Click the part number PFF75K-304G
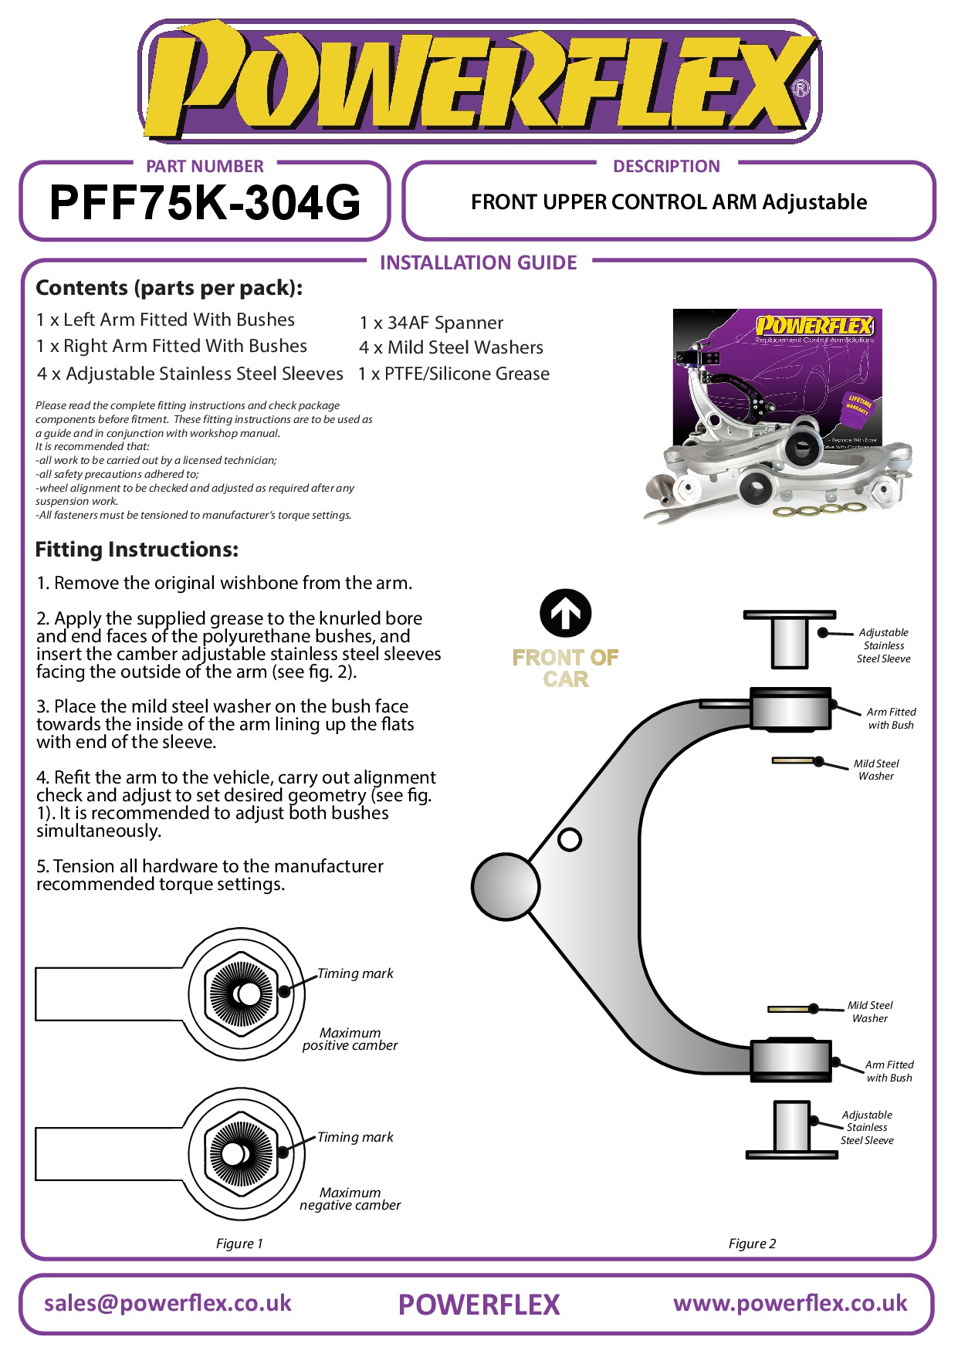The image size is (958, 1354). point(205,202)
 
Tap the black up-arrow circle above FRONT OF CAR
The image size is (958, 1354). point(565,614)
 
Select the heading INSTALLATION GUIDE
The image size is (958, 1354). point(478,263)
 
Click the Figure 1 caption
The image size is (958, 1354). point(239,1244)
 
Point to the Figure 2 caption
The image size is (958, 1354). point(752,1244)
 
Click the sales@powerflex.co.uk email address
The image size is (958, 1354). point(168,1304)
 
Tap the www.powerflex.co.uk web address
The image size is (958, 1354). point(790,1304)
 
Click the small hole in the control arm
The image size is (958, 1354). point(570,839)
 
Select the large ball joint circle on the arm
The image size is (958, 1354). point(506,887)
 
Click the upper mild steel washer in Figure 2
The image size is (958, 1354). point(793,760)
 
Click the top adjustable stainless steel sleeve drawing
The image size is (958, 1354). point(789,640)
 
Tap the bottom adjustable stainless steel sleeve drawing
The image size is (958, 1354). point(791,1129)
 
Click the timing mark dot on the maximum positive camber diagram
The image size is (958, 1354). point(285,991)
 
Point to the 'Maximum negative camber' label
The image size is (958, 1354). point(350,1199)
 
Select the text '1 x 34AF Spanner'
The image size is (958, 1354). point(431,323)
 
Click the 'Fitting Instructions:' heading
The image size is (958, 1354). point(137,550)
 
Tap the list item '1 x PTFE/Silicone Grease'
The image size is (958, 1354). point(454,374)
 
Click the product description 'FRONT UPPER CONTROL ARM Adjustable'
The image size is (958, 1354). point(669,202)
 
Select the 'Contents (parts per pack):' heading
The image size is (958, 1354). point(169,288)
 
